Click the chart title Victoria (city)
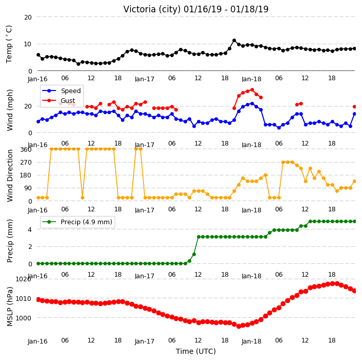(x=152, y=9)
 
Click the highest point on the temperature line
(x=234, y=41)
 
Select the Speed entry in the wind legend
(x=62, y=91)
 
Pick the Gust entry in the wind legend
(x=59, y=100)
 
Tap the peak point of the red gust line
(x=252, y=90)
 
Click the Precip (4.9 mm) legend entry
(x=78, y=222)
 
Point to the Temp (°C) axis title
(x=9, y=44)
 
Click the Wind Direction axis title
(x=10, y=176)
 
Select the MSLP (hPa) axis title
(x=10, y=307)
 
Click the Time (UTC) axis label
(x=196, y=351)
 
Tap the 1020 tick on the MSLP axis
(x=23, y=279)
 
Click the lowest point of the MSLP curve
(x=239, y=326)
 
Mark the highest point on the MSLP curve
(x=333, y=283)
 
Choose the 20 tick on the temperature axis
(x=28, y=17)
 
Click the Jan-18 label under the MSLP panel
(x=251, y=341)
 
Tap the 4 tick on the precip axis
(x=30, y=229)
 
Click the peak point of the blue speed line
(x=252, y=104)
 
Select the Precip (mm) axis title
(x=10, y=241)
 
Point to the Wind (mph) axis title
(x=10, y=110)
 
